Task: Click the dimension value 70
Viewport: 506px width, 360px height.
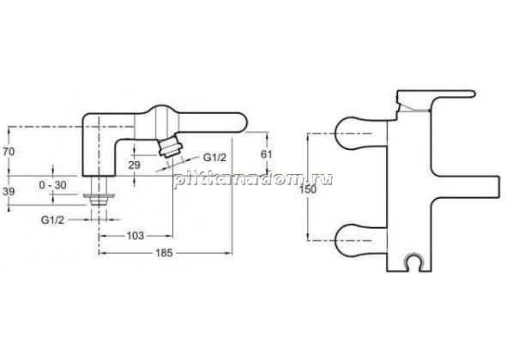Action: tap(9, 152)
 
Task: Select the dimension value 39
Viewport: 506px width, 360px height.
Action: tap(9, 191)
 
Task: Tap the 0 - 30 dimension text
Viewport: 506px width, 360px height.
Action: tap(52, 185)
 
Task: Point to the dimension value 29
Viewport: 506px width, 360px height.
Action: tap(135, 165)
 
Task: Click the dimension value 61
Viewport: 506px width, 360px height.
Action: tap(266, 154)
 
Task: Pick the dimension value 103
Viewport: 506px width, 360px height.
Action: tap(136, 236)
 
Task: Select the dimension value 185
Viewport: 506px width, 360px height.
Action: tap(165, 253)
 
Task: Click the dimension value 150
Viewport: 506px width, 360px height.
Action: tap(308, 189)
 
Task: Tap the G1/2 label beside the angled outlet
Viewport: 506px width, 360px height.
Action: tap(214, 158)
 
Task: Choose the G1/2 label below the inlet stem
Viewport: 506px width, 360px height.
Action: tap(52, 219)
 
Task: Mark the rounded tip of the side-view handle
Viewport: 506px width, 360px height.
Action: tap(243, 123)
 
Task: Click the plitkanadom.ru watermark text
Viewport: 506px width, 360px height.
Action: tap(253, 179)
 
